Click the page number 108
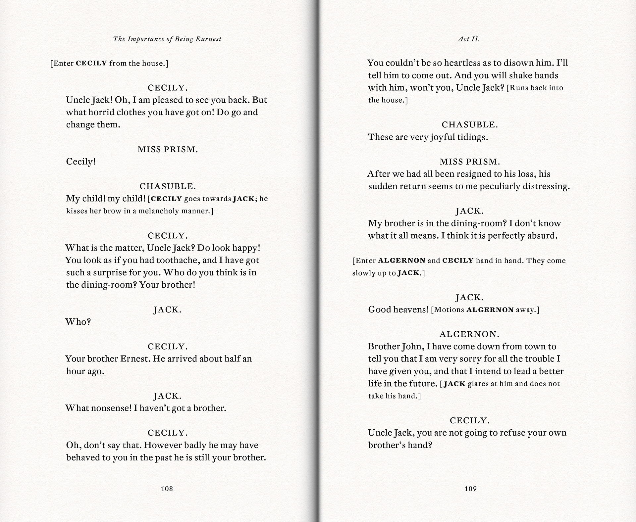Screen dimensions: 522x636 pos(167,489)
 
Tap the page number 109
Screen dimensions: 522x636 pos(470,489)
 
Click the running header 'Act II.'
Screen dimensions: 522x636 pos(469,39)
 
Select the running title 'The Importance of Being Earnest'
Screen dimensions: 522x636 pos(167,39)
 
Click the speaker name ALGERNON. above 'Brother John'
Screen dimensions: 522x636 pos(469,334)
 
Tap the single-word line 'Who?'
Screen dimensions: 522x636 pos(78,322)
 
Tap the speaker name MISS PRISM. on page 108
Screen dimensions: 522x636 pos(168,150)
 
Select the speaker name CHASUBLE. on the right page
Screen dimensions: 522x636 pos(470,125)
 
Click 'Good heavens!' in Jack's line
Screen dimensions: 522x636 pos(398,309)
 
